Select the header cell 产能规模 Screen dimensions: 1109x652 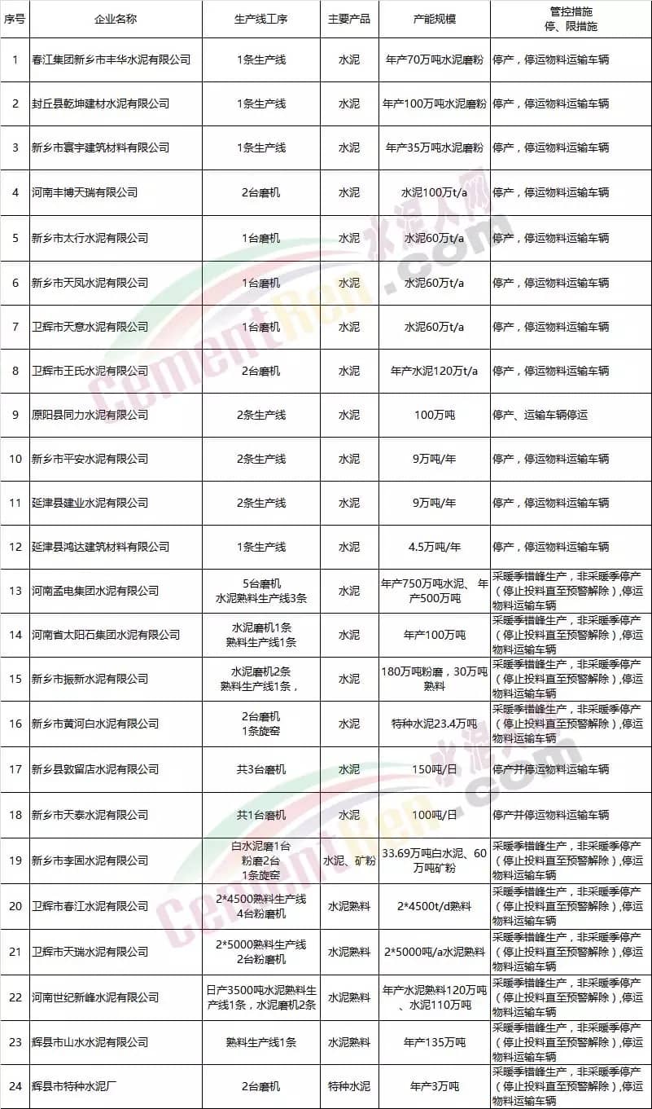434,19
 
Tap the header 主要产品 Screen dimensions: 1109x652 348,19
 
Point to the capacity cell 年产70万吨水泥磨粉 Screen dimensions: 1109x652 434,60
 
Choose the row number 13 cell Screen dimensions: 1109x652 15,591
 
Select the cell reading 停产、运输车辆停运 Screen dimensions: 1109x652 540,415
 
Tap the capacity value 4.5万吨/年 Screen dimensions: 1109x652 434,547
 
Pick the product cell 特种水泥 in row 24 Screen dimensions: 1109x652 348,1086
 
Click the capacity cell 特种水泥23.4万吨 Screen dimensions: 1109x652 434,724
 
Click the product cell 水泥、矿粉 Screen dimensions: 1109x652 348,860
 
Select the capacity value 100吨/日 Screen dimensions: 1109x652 434,815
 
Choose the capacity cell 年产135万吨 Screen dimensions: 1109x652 434,1041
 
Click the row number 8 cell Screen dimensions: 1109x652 15,371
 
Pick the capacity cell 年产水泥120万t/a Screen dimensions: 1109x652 434,371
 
